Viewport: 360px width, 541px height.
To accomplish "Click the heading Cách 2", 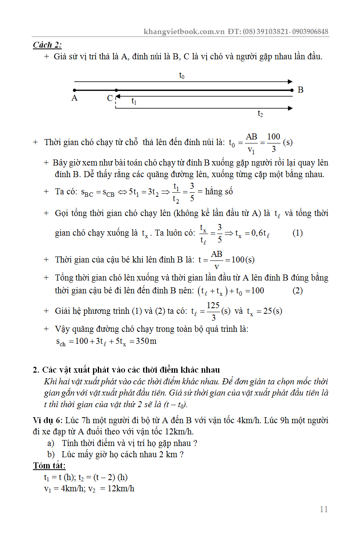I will [47, 45].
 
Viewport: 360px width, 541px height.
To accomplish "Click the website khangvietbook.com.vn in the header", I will [184, 31].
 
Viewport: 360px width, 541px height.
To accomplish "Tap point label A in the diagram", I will [75, 98].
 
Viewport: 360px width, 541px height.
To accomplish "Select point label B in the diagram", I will [301, 90].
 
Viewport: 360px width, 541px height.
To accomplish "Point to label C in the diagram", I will [109, 98].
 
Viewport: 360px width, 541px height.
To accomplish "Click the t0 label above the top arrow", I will [182, 75].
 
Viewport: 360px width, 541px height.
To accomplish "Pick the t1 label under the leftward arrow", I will [134, 101].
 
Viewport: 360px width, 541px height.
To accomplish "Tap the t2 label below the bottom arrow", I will [260, 114].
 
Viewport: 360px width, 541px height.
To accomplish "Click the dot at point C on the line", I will [116, 90].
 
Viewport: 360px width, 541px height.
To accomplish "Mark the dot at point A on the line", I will [75, 90].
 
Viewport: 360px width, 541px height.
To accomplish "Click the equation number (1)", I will [297, 233].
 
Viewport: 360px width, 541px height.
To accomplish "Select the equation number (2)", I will [297, 291].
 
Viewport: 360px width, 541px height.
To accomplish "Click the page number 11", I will [324, 509].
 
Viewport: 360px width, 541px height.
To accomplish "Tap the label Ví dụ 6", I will [47, 420].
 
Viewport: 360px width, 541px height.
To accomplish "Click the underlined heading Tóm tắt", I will [49, 466].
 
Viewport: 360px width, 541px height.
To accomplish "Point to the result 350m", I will [146, 341].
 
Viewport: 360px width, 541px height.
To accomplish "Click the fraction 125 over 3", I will [213, 311].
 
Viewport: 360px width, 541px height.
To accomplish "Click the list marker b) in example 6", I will [51, 454].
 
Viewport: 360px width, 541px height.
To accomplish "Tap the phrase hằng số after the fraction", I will [219, 192].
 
